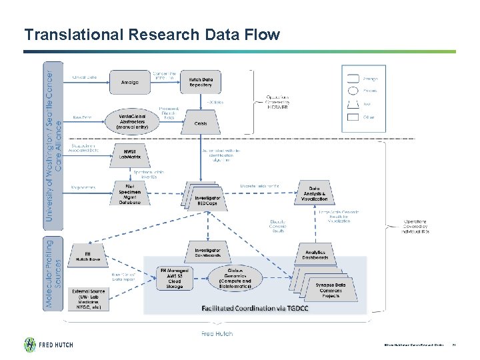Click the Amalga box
coord(130,82)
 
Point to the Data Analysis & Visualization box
coord(314,194)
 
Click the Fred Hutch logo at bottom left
coord(49,344)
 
